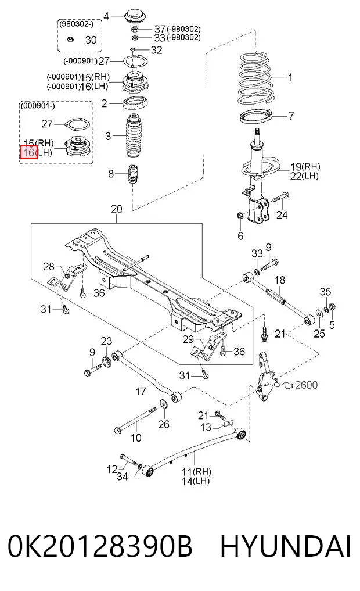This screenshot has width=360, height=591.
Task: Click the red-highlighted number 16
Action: [28, 152]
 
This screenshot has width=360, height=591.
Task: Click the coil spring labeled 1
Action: [255, 77]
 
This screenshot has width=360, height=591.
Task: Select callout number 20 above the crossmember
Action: [116, 209]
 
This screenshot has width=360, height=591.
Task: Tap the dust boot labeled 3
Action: [134, 135]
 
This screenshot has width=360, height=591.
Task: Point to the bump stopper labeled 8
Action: [132, 173]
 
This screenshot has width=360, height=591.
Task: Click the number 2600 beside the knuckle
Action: [306, 385]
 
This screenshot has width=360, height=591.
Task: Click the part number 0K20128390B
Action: [100, 547]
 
